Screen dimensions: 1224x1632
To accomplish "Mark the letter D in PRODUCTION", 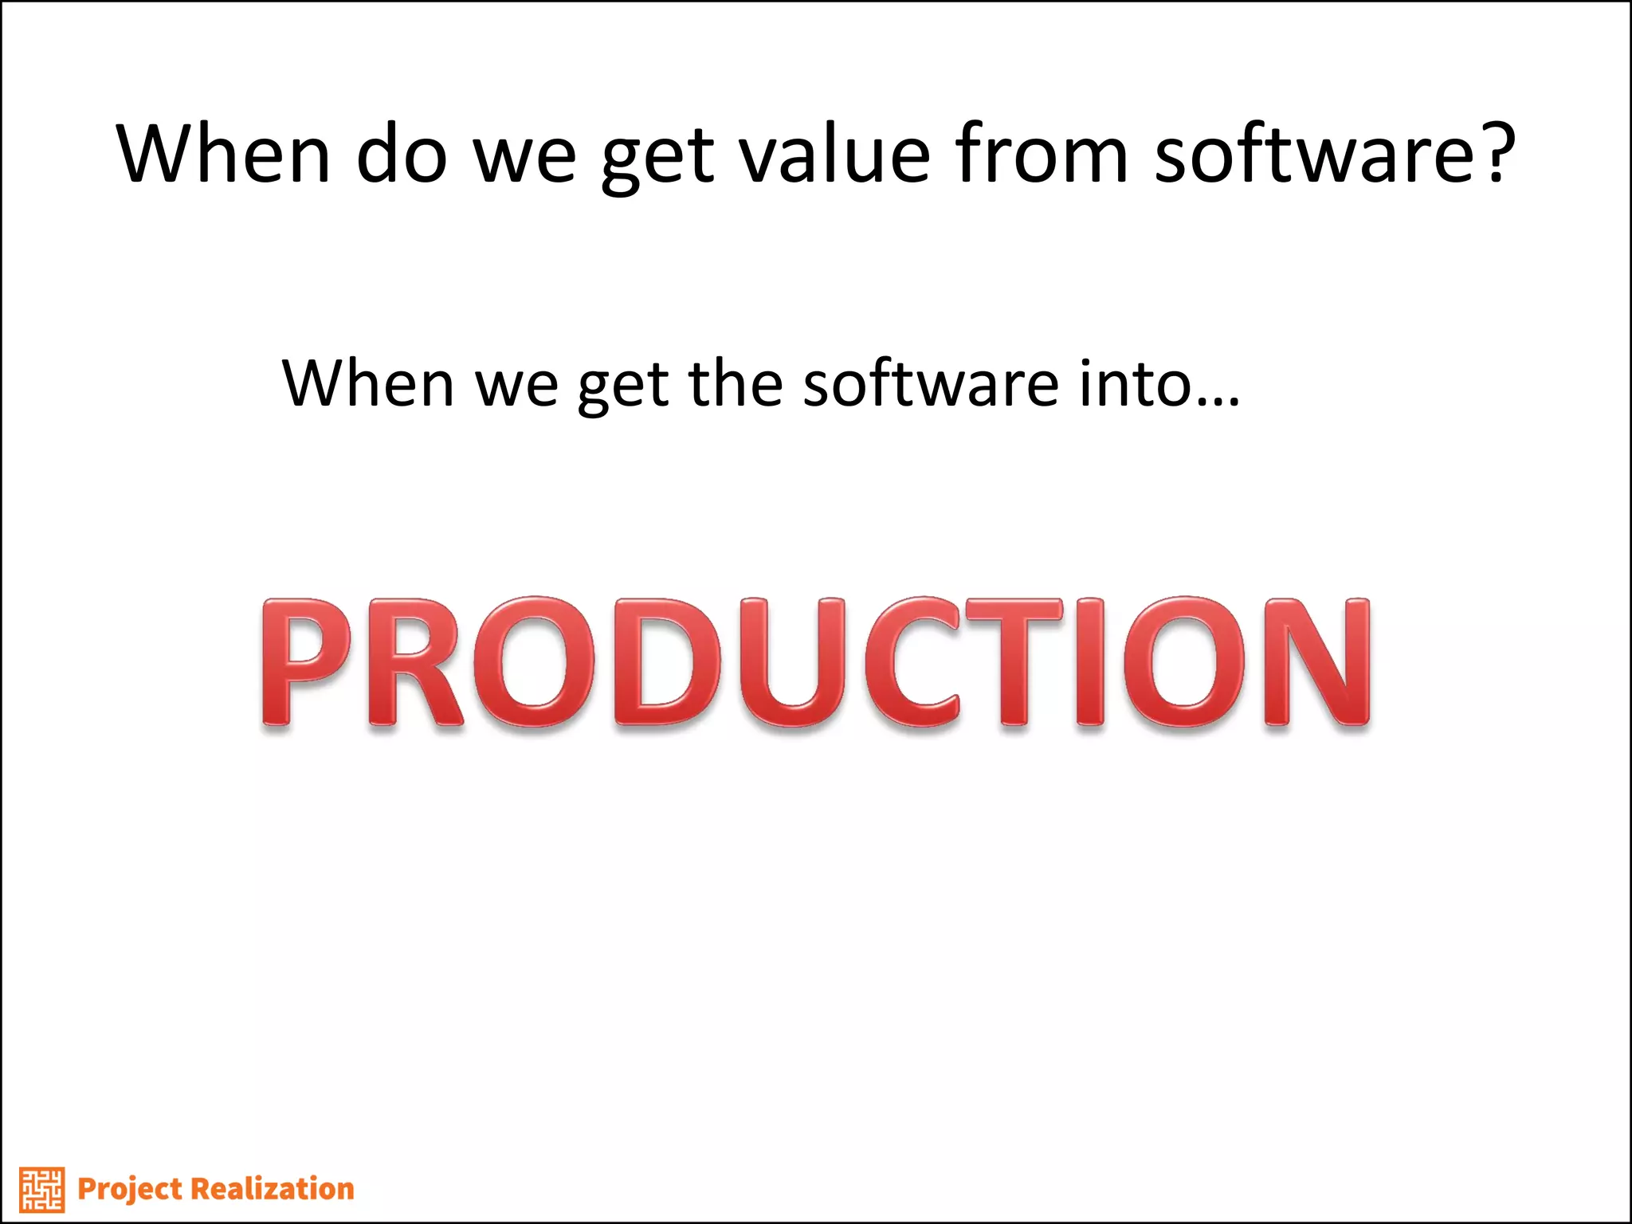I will (668, 663).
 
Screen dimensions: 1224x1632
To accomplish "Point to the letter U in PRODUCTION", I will (793, 663).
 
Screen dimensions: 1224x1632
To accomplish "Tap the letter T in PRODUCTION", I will (1014, 663).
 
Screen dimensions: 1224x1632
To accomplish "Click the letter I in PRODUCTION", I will (1091, 663).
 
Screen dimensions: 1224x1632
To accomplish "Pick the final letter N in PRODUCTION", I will (1316, 663).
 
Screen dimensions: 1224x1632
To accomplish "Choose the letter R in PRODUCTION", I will (414, 663).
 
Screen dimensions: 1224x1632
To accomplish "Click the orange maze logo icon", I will (42, 1190).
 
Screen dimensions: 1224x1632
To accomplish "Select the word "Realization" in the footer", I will (273, 1189).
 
